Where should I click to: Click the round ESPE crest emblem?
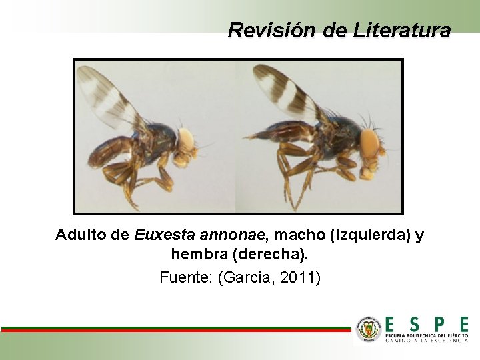pos(369,329)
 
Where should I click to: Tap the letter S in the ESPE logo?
pos(415,325)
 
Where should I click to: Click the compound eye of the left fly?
pos(186,140)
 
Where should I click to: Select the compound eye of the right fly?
pos(369,143)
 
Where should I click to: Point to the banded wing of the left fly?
pos(107,97)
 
